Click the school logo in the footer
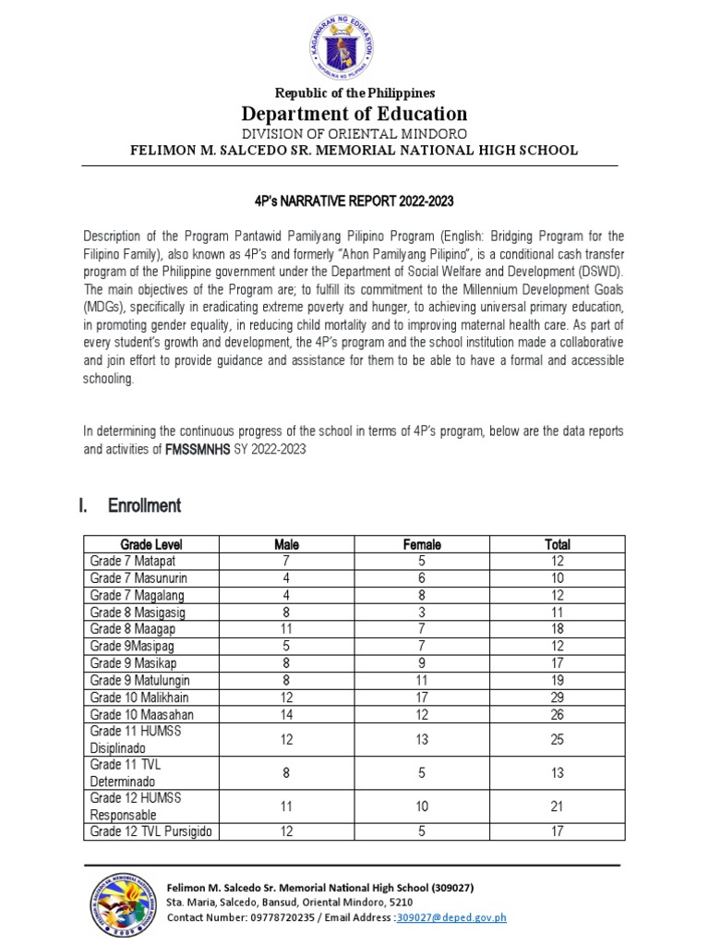(x=124, y=904)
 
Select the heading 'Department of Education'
(x=354, y=114)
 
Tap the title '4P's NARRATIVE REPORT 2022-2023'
(x=354, y=200)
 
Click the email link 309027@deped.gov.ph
(x=451, y=917)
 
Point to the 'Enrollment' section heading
(x=144, y=505)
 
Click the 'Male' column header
(x=287, y=544)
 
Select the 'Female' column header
(x=422, y=544)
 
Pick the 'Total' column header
(x=558, y=544)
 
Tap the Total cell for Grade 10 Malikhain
(x=558, y=697)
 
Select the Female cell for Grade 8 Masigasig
(x=422, y=612)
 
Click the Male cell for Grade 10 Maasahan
(x=287, y=714)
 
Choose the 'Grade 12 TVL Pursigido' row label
(x=150, y=831)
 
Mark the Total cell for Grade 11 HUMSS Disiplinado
(x=558, y=739)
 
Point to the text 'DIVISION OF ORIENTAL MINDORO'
(x=354, y=133)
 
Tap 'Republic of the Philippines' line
(x=354, y=93)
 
